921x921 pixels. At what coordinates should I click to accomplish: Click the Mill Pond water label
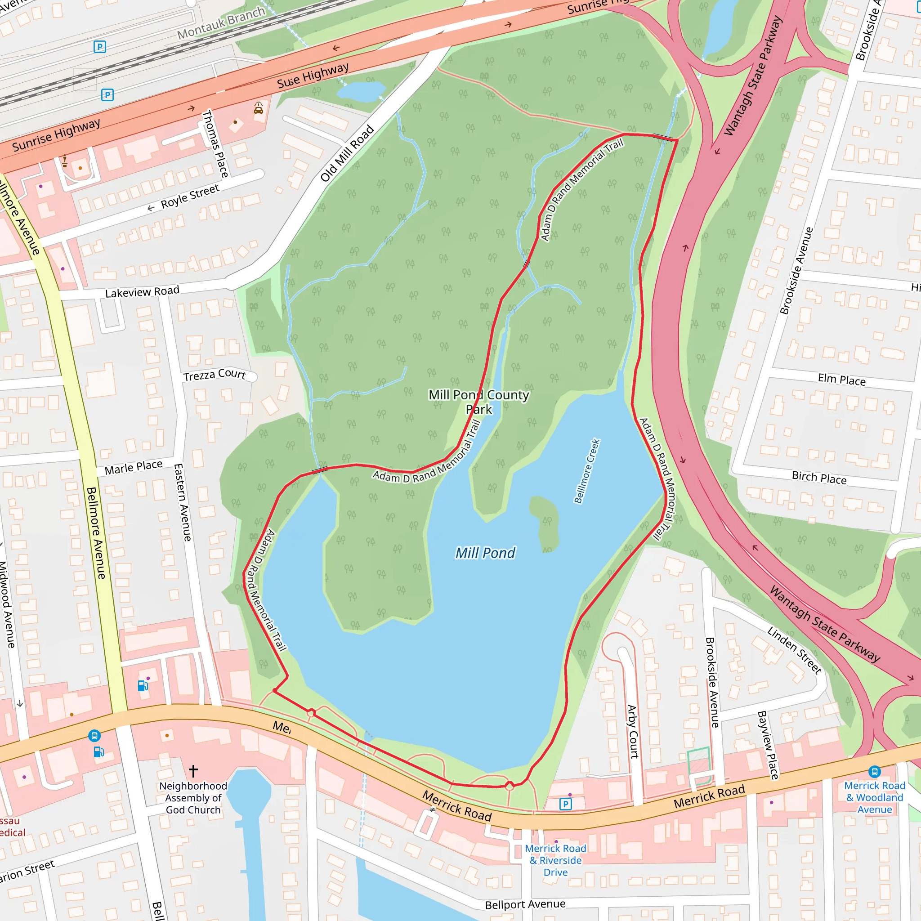pyautogui.click(x=485, y=553)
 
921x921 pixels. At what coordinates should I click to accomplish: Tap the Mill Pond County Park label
pyautogui.click(x=478, y=402)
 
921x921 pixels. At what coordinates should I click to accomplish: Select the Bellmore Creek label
pyautogui.click(x=587, y=471)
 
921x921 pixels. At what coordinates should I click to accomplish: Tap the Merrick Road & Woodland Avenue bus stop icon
pyautogui.click(x=874, y=771)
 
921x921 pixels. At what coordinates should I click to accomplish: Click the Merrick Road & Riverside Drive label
pyautogui.click(x=555, y=860)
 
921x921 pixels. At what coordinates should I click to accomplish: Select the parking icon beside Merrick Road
pyautogui.click(x=565, y=804)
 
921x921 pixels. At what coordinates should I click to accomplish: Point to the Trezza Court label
pyautogui.click(x=215, y=375)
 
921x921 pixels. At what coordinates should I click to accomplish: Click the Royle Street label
pyautogui.click(x=190, y=197)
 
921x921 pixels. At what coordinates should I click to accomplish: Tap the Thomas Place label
pyautogui.click(x=215, y=143)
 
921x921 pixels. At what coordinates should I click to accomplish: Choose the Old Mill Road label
pyautogui.click(x=347, y=153)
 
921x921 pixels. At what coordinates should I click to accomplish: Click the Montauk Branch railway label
pyautogui.click(x=221, y=23)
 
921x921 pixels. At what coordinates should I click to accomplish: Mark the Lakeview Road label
pyautogui.click(x=142, y=292)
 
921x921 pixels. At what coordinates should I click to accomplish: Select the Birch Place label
pyautogui.click(x=819, y=478)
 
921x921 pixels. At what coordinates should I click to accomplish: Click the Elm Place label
pyautogui.click(x=841, y=380)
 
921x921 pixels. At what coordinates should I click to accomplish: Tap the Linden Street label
pyautogui.click(x=794, y=650)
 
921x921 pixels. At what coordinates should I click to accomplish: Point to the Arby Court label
pyautogui.click(x=632, y=732)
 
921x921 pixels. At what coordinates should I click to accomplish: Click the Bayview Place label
pyautogui.click(x=768, y=745)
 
